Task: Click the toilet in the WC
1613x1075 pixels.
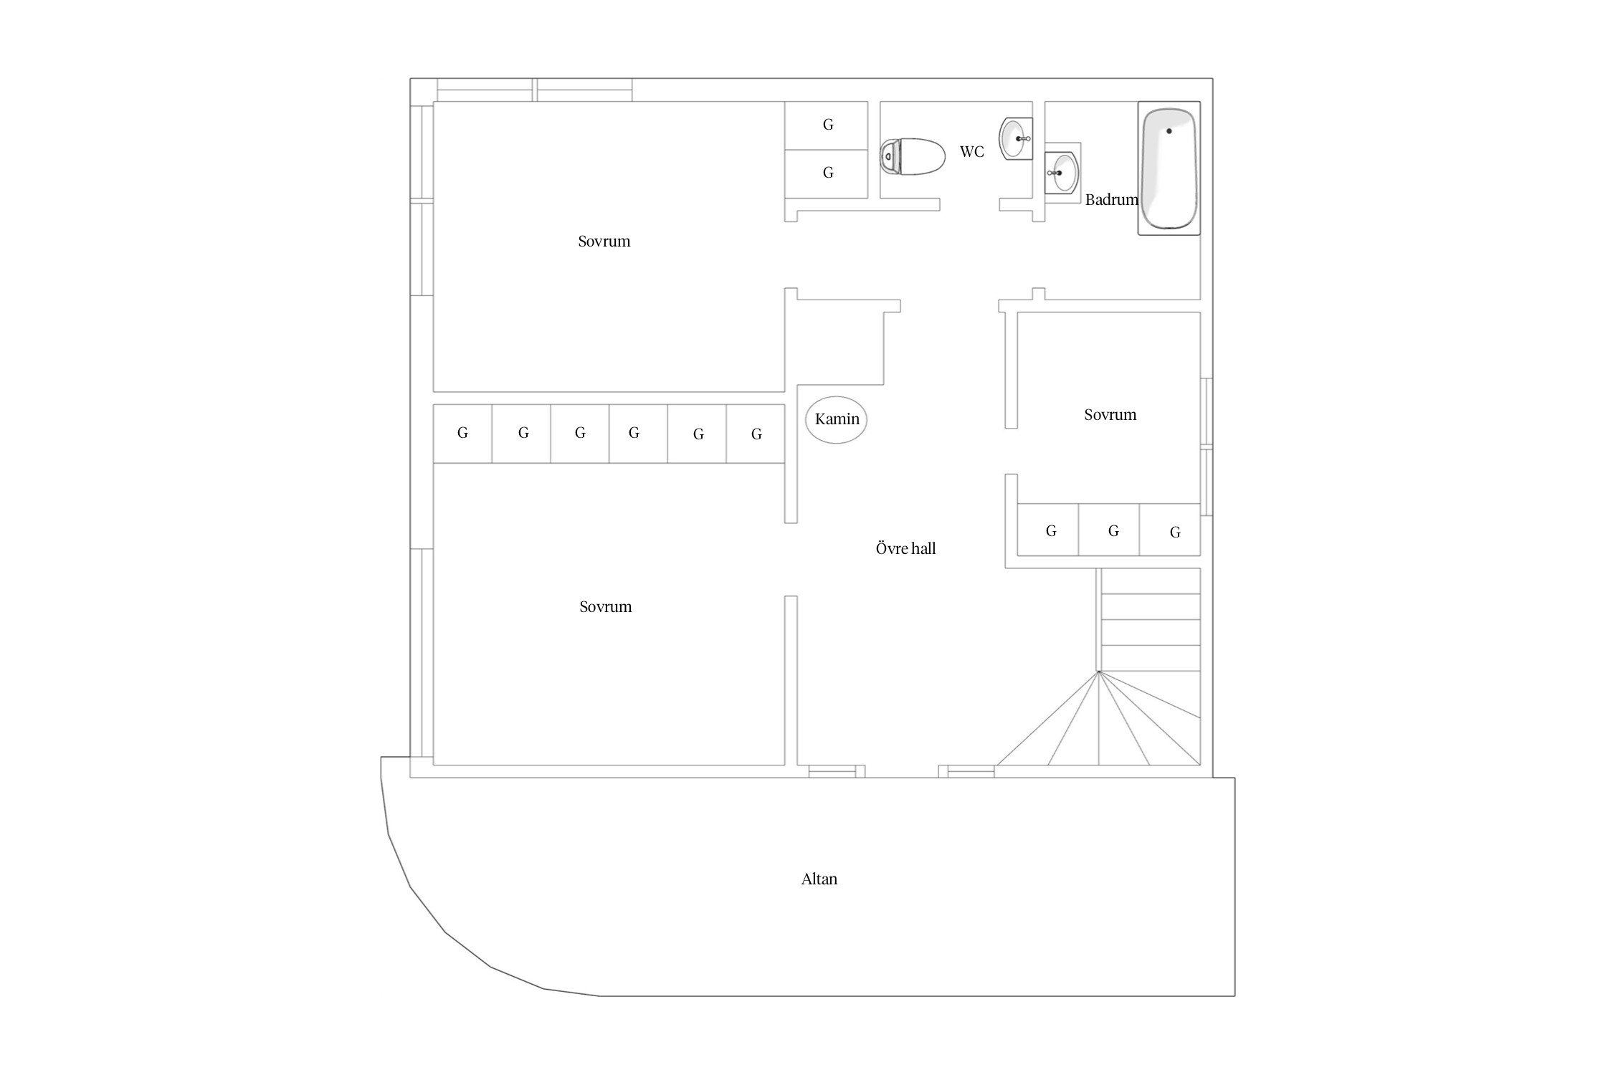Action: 913,157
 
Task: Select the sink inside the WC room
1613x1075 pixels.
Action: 1016,138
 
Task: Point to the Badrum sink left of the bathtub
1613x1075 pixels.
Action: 1061,173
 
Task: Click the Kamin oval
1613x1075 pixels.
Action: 837,420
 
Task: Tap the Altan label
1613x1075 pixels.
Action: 819,879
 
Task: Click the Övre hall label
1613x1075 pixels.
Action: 906,549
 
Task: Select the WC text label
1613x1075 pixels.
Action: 972,152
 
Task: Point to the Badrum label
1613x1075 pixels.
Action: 1112,200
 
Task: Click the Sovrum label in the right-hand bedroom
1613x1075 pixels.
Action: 1110,415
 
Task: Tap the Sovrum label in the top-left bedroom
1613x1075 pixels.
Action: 604,242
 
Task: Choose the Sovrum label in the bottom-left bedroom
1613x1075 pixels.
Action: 606,607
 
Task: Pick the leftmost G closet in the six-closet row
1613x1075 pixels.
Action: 462,434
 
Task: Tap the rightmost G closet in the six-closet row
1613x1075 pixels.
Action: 756,434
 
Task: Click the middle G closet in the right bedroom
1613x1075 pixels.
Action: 1109,530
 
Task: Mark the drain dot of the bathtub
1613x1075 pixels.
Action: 1169,131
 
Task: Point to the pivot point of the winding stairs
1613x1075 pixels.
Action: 1098,672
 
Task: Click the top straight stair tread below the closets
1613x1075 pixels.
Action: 1151,581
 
